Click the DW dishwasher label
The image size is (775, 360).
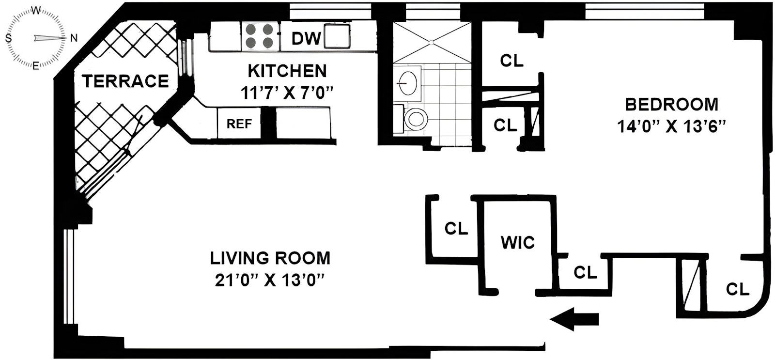tap(306, 38)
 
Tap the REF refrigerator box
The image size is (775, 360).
tap(239, 123)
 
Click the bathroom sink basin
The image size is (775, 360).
tap(407, 83)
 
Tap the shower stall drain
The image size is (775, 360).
tap(431, 43)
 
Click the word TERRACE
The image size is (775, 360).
tap(125, 81)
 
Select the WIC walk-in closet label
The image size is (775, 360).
tap(518, 242)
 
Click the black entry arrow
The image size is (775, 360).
tap(574, 319)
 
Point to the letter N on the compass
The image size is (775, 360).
tap(74, 38)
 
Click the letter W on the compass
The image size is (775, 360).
tap(36, 11)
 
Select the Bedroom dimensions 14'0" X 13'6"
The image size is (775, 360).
tap(671, 126)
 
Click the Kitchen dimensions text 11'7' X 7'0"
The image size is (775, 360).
tap(287, 93)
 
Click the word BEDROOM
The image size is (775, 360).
tap(671, 105)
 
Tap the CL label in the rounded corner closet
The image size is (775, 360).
tap(738, 289)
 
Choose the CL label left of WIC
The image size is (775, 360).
tap(456, 229)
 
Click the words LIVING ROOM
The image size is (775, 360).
tap(270, 258)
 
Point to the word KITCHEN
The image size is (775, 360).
tap(287, 71)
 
